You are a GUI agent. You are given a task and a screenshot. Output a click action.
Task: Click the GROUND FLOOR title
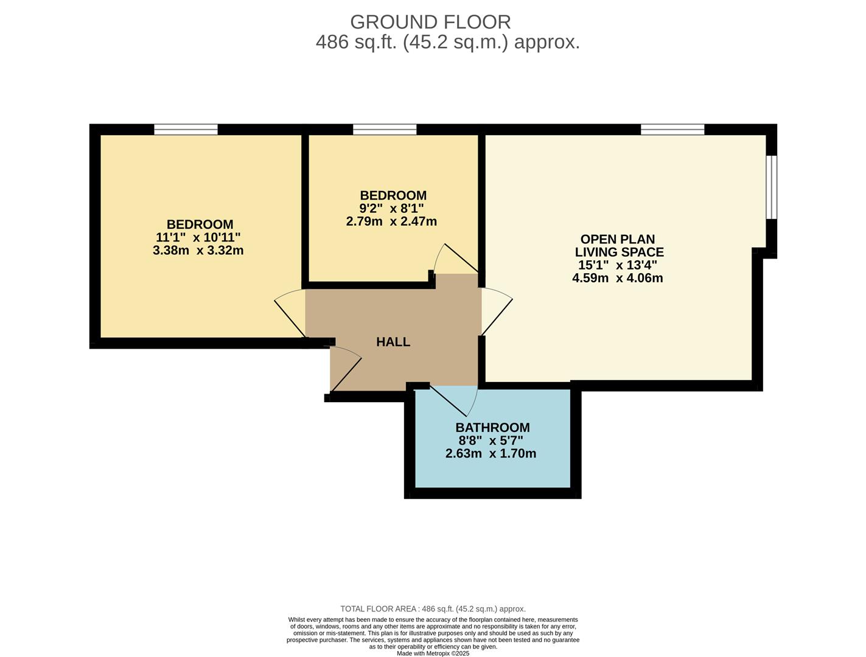430,22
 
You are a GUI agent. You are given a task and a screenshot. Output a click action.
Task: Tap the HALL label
393,342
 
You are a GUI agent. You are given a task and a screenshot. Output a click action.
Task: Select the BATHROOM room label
492,428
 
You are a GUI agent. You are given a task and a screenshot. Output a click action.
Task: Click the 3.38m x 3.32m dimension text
198,250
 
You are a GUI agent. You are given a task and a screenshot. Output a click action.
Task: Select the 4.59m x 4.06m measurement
617,278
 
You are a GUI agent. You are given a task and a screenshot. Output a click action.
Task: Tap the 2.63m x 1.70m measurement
491,453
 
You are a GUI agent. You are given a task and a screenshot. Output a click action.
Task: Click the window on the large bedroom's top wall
186,129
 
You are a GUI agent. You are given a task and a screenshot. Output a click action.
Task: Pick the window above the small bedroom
385,129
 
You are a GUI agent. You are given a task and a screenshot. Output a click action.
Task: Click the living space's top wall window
672,129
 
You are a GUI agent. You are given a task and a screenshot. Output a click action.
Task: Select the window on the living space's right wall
771,187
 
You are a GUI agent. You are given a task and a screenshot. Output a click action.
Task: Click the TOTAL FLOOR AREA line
433,609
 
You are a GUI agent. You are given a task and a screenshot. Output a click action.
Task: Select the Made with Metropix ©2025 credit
433,653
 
